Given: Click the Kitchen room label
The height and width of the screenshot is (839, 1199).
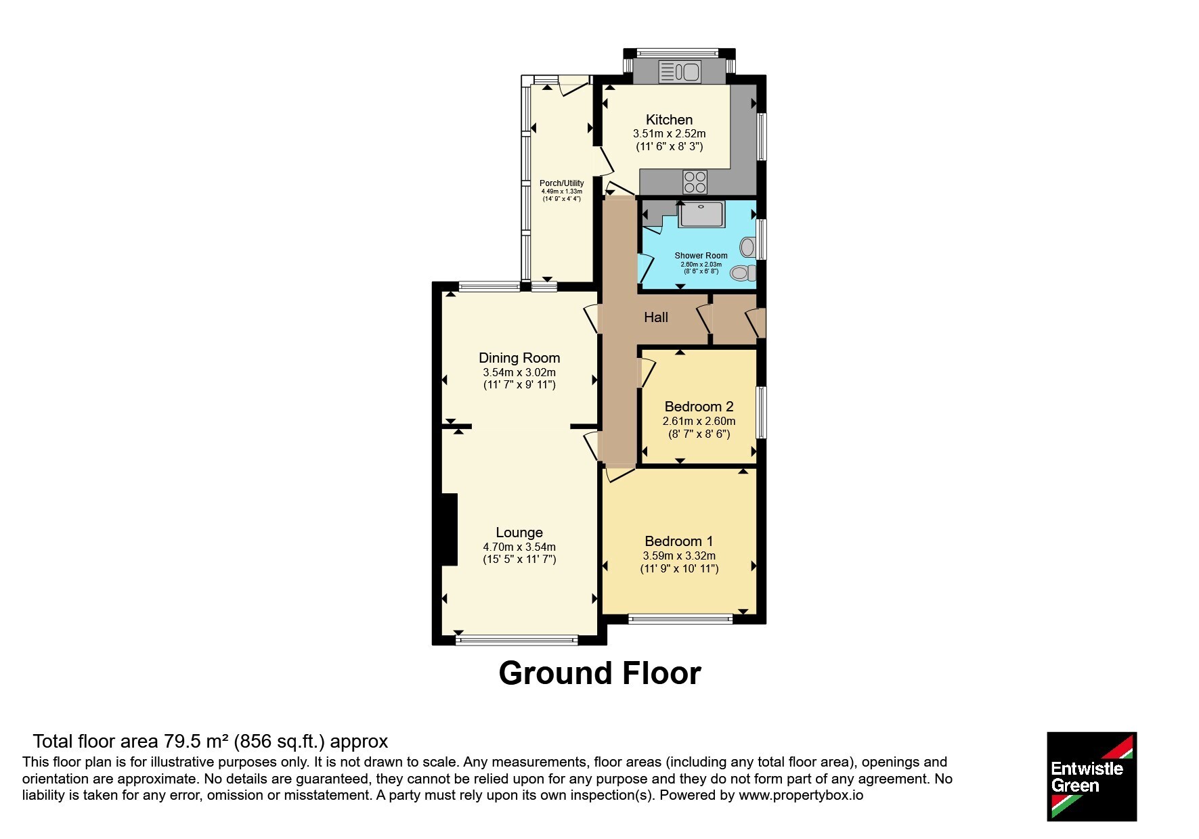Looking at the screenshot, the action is [x=669, y=120].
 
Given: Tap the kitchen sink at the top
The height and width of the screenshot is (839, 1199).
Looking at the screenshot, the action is [x=680, y=71].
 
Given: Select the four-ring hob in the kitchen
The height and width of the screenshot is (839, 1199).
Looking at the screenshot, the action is [x=695, y=182].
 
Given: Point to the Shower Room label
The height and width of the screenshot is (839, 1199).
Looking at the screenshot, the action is [x=701, y=256].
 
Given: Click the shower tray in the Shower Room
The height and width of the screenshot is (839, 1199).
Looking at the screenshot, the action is [x=702, y=214].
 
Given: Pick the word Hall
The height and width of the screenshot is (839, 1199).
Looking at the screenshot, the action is [x=656, y=317].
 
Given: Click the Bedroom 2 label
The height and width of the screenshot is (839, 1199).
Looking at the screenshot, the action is [x=699, y=407].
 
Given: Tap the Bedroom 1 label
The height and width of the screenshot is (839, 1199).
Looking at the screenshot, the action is [x=678, y=541].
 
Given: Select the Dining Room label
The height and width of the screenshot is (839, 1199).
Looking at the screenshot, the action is [x=519, y=358].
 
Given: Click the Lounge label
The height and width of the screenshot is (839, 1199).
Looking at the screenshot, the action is [x=519, y=533].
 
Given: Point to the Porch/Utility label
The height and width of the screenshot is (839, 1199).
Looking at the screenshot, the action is [x=561, y=183].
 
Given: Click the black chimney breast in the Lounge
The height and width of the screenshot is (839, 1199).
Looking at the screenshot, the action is [x=450, y=529].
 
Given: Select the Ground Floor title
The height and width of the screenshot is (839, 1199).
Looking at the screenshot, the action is [x=600, y=673].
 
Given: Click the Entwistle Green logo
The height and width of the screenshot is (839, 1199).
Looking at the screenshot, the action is [x=1091, y=777].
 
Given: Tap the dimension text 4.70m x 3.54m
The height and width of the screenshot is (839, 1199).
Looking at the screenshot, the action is [x=519, y=547].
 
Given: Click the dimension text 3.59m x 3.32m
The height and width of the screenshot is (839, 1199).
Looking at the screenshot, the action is [x=679, y=555].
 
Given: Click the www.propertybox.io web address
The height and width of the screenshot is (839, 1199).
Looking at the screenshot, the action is [x=801, y=795].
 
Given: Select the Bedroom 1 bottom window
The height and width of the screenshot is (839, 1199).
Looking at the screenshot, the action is [x=680, y=618].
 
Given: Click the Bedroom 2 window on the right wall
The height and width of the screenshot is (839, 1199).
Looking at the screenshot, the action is [x=762, y=412].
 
